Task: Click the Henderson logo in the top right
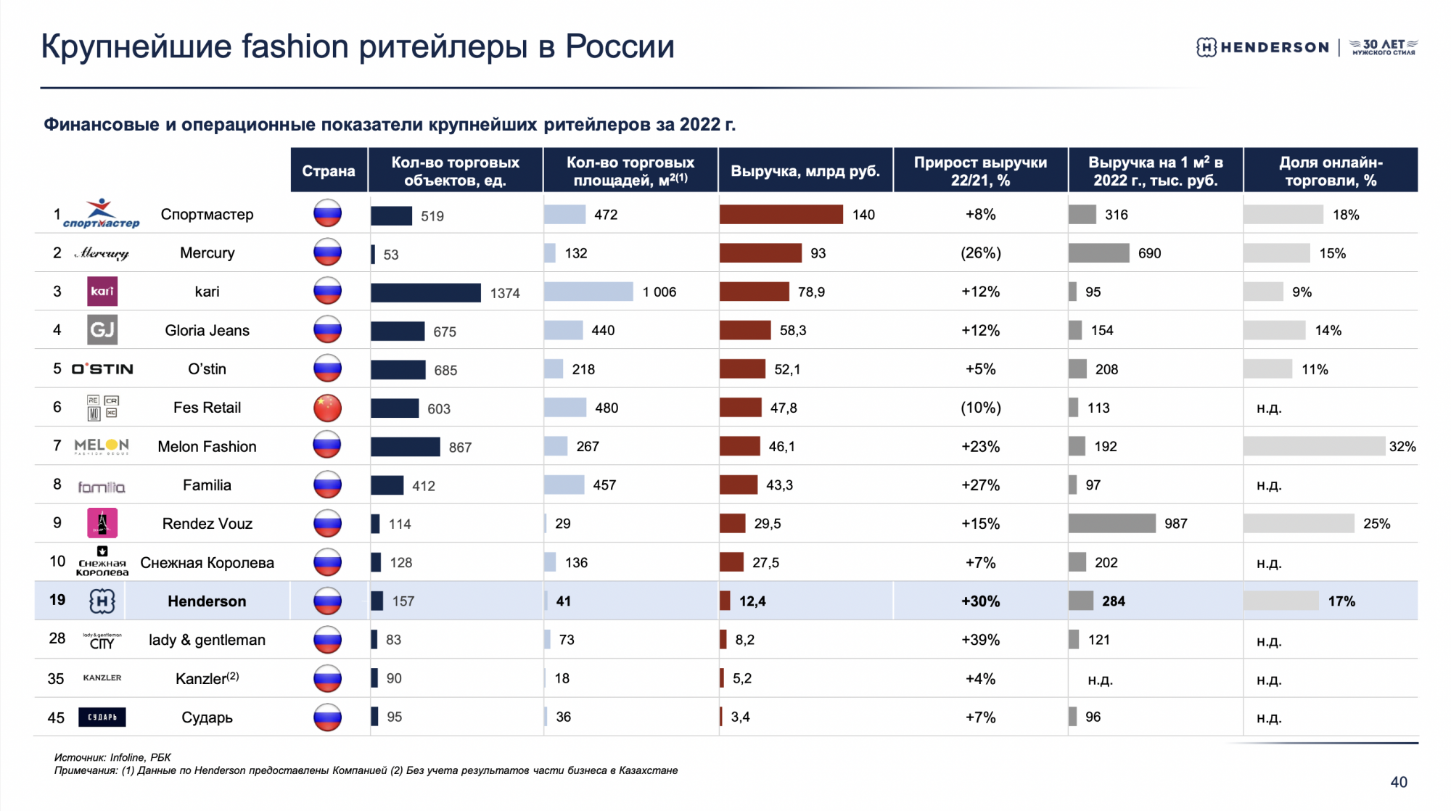pyautogui.click(x=1262, y=47)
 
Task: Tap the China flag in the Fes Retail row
pyautogui.click(x=327, y=408)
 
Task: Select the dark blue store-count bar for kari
pyautogui.click(x=425, y=292)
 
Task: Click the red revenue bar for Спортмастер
pyautogui.click(x=781, y=215)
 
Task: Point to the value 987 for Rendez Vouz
pyautogui.click(x=1175, y=524)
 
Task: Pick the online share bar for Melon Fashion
pyautogui.click(x=1313, y=446)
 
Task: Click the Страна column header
pyautogui.click(x=329, y=171)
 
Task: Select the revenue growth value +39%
pyautogui.click(x=980, y=640)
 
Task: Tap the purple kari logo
pyautogui.click(x=102, y=292)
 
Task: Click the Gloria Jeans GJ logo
pyautogui.click(x=102, y=330)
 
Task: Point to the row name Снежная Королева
pyautogui.click(x=207, y=563)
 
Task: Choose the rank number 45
pyautogui.click(x=57, y=717)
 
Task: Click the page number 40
pyautogui.click(x=1398, y=782)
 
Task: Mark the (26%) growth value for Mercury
pyautogui.click(x=980, y=253)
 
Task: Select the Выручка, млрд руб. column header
pyautogui.click(x=805, y=171)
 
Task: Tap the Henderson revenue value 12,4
pyautogui.click(x=752, y=601)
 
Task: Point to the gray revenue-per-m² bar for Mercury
pyautogui.click(x=1098, y=253)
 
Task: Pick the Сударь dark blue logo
pyautogui.click(x=102, y=717)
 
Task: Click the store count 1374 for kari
pyautogui.click(x=505, y=293)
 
